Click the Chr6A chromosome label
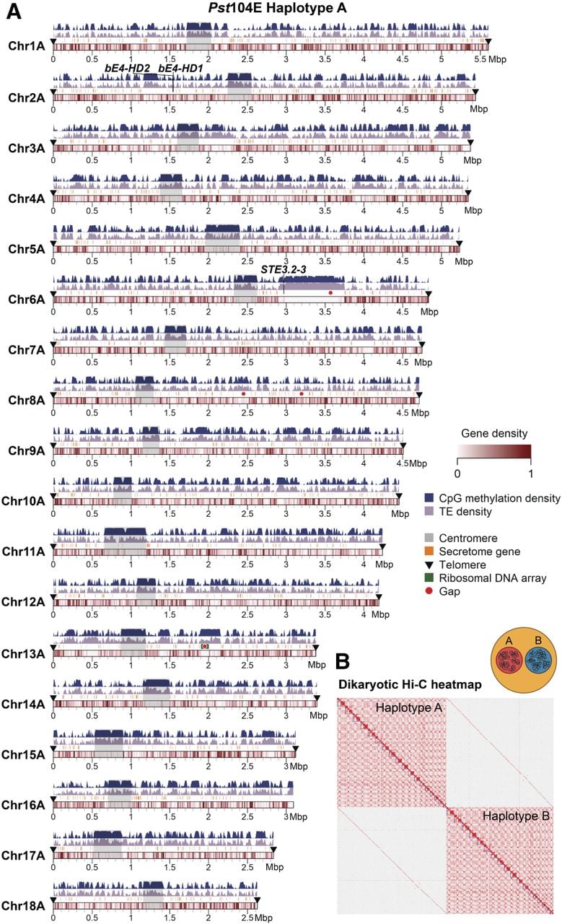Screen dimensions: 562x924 tap(27, 300)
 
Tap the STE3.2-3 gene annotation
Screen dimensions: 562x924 tap(284, 269)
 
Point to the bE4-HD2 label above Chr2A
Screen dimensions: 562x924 tap(128, 68)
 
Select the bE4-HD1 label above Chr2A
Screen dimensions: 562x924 tap(180, 68)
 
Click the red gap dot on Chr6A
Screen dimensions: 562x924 tap(330, 292)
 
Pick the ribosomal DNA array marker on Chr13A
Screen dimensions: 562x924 tap(205, 646)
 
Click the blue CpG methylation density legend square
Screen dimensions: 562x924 tap(429, 497)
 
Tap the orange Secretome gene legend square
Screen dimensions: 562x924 tap(429, 551)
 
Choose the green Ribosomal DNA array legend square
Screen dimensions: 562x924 tap(429, 577)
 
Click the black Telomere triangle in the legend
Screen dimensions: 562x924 tap(429, 565)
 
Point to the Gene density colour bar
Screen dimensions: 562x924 tap(494, 452)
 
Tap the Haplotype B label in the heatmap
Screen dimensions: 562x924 tap(516, 816)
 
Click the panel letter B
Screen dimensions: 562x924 tap(343, 661)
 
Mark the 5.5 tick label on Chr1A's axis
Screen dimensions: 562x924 tap(480, 59)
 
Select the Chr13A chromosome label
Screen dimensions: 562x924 tap(23, 654)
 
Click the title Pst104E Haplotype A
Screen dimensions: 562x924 tap(277, 7)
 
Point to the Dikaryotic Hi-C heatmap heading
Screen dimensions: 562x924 tap(410, 685)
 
